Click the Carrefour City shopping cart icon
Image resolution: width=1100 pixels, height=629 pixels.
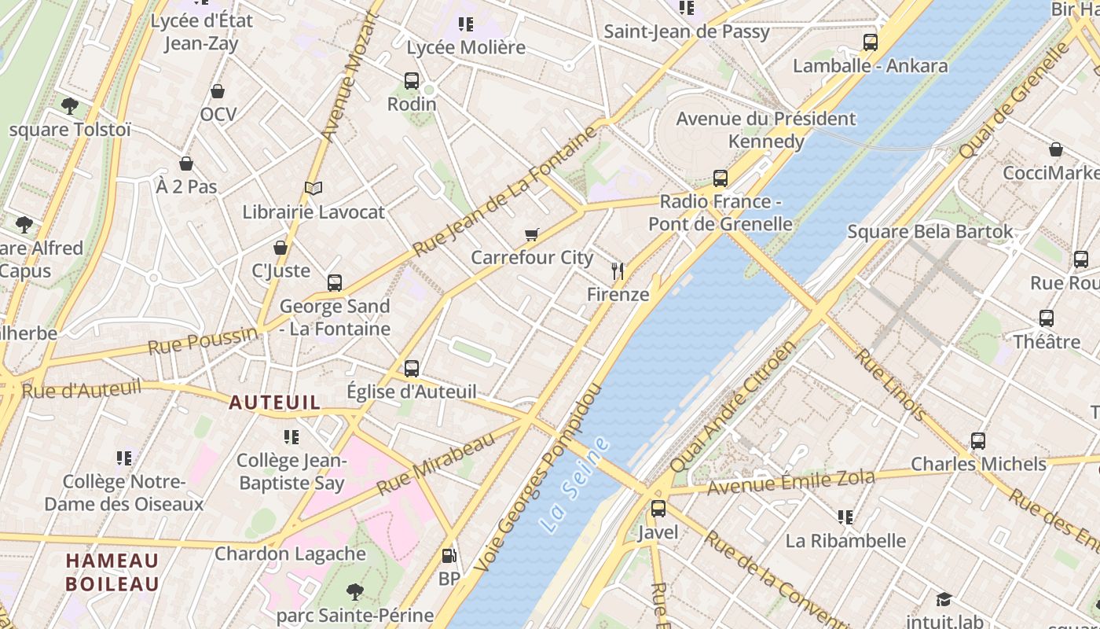(532, 234)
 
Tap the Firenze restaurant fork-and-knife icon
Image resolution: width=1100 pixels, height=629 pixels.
(618, 272)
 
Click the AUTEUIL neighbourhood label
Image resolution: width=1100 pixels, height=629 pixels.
(274, 403)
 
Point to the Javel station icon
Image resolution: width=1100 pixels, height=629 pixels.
(658, 509)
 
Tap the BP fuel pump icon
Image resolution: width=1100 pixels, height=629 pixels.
(449, 556)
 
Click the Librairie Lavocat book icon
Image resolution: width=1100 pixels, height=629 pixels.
(313, 188)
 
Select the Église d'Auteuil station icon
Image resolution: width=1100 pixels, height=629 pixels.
(411, 368)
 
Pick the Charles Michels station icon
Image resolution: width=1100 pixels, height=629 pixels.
(977, 441)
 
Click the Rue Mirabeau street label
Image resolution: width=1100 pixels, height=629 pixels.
(436, 464)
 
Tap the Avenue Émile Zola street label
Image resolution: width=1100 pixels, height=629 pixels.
(790, 482)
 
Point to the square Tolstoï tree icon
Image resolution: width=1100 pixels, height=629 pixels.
(70, 105)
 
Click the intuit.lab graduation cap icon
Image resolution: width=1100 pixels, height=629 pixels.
(944, 599)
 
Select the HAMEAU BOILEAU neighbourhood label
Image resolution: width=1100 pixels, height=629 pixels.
(112, 572)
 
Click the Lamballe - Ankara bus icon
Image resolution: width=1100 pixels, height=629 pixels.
(870, 42)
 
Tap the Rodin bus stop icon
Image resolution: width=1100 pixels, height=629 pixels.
(411, 80)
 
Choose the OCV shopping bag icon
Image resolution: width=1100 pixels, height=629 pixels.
(218, 91)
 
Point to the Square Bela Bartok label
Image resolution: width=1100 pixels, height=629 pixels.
(929, 232)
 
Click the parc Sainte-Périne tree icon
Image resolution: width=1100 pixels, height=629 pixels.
(355, 591)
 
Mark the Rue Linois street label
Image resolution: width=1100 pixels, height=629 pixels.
(890, 384)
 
